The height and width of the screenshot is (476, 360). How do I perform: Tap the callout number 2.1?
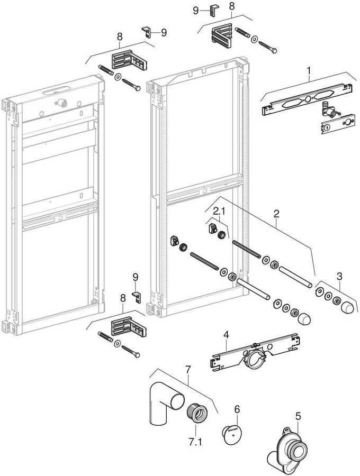coord(219,212)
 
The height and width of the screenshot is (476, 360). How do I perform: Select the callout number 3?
coord(339,276)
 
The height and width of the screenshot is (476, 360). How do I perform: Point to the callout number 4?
coord(226,335)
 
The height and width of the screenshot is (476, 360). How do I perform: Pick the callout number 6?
coord(237,409)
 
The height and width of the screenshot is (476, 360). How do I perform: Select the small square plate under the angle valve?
coord(336,126)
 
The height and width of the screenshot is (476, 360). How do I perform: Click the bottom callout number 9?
coord(135,277)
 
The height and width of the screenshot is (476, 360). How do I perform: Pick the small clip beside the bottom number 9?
coord(136,297)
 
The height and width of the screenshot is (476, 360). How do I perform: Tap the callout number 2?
coord(276,214)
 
